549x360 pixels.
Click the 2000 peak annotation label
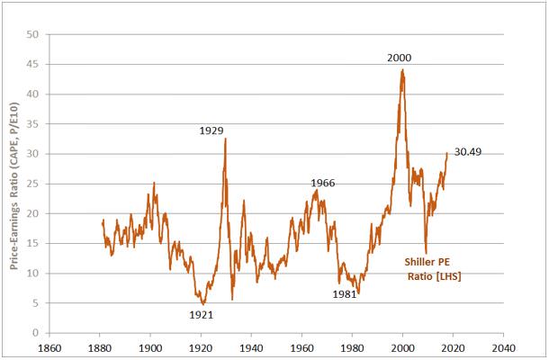click(400, 58)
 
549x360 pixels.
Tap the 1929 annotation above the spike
click(211, 130)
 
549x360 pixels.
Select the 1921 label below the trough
click(202, 315)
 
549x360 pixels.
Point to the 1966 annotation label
click(323, 183)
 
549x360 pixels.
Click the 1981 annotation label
click(344, 293)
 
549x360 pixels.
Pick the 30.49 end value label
click(469, 151)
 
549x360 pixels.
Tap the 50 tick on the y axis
click(33, 35)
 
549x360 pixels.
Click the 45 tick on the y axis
click(33, 65)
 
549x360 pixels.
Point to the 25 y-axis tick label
click(33, 184)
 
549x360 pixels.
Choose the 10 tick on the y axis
click(33, 273)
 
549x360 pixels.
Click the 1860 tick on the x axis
click(49, 345)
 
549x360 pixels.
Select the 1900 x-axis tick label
click(149, 345)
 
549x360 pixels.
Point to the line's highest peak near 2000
click(402, 70)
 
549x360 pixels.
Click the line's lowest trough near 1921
click(203, 304)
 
